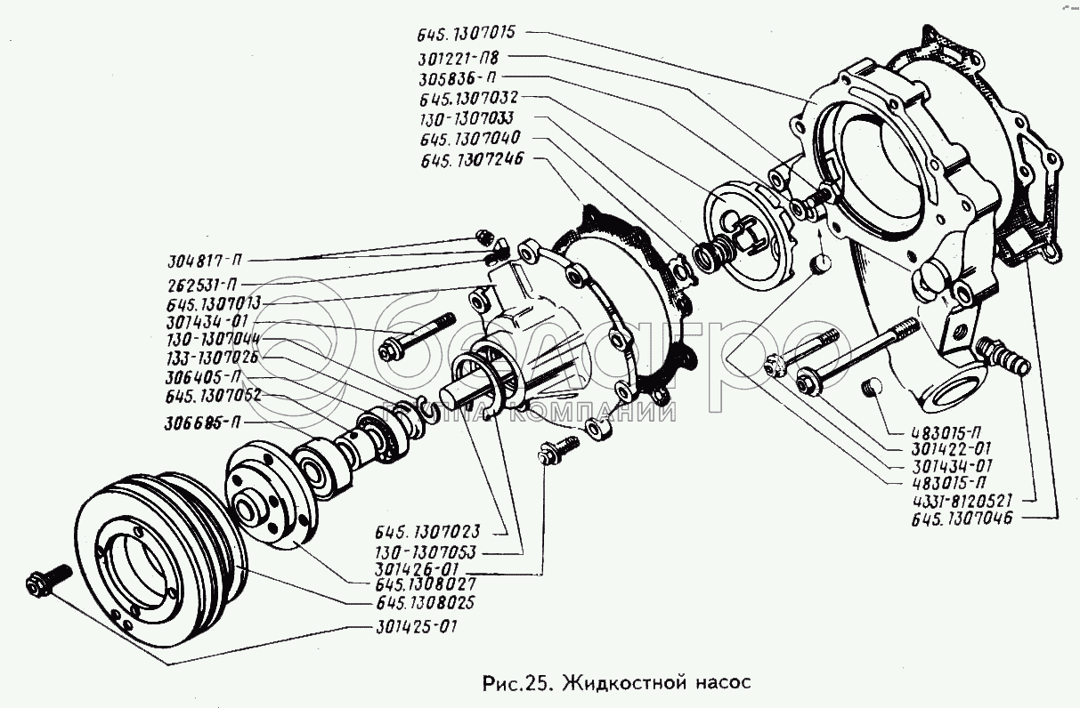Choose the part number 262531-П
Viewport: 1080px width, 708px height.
(201, 284)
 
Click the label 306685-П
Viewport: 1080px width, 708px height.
(203, 423)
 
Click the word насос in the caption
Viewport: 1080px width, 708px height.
(722, 683)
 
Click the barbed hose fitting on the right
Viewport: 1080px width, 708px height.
(1003, 356)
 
